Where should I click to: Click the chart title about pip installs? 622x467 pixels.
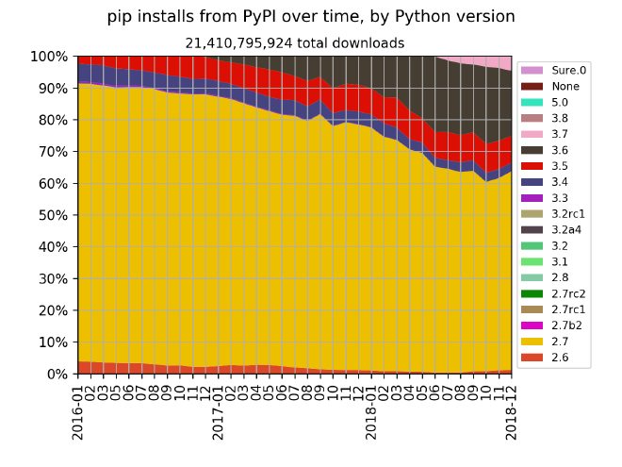click(x=311, y=17)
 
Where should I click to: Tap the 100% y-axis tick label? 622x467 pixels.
click(x=49, y=57)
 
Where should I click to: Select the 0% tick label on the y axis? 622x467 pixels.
click(x=56, y=374)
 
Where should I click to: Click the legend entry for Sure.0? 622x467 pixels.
click(x=568, y=70)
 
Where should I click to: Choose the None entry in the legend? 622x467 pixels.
click(x=565, y=86)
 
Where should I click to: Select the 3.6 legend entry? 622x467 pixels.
click(x=559, y=150)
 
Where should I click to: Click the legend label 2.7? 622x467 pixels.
click(x=559, y=342)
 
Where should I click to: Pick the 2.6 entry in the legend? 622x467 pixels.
click(x=559, y=358)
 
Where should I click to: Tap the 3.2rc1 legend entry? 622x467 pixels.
click(x=567, y=214)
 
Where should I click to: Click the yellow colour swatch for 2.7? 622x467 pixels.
click(x=533, y=342)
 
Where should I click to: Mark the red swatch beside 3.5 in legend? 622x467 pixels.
click(x=533, y=166)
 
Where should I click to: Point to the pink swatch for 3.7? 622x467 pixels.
click(x=533, y=134)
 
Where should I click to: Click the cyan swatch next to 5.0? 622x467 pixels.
click(x=533, y=102)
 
